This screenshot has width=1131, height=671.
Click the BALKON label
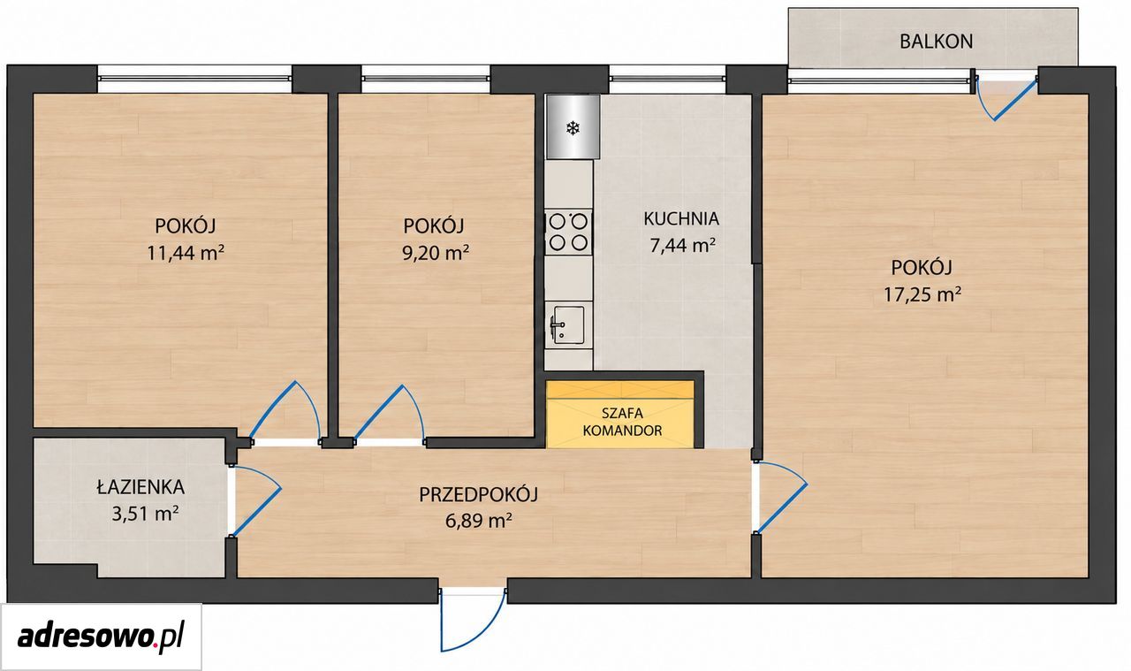(x=936, y=42)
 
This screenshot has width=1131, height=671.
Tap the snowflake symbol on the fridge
(x=573, y=128)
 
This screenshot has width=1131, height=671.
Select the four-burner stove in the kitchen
(x=568, y=233)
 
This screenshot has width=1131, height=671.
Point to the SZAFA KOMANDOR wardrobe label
(x=622, y=422)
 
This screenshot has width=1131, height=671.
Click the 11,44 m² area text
(x=186, y=253)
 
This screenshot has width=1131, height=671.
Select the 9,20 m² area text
(x=436, y=253)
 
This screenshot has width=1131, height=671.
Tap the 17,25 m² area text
(x=922, y=294)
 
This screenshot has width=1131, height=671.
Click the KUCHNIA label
(x=681, y=218)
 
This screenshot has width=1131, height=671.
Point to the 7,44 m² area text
(x=683, y=246)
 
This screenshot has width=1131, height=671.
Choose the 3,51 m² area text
(x=145, y=514)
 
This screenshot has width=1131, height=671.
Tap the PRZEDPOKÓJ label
(x=478, y=494)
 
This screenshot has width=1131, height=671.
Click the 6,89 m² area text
(x=479, y=521)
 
